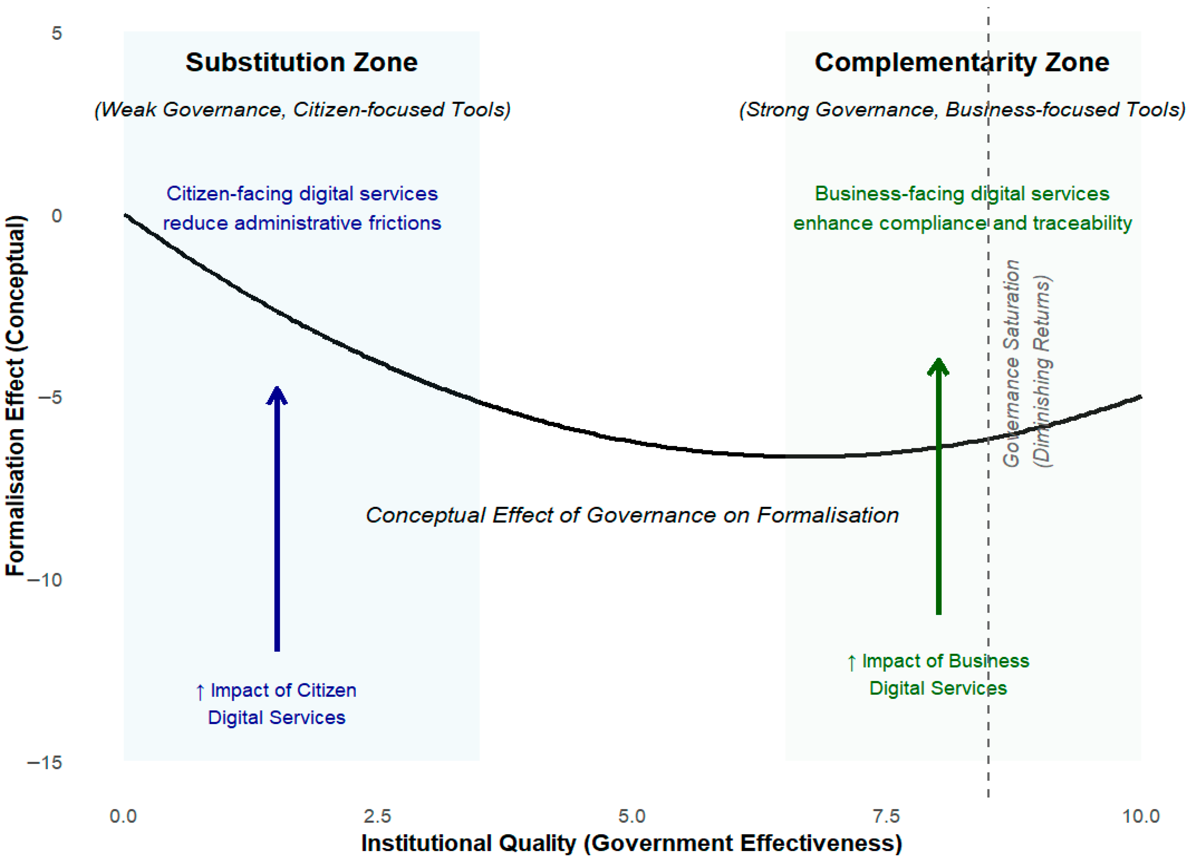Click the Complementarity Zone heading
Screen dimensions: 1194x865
pos(962,63)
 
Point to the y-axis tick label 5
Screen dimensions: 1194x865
pos(56,34)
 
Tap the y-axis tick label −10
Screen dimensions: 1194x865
pos(45,580)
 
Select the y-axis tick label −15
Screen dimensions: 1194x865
pos(45,763)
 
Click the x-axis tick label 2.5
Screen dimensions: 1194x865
pos(377,816)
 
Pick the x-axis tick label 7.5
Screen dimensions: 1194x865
pos(886,816)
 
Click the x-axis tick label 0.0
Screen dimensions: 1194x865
pos(123,816)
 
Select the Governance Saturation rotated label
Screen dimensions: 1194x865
pos(1011,363)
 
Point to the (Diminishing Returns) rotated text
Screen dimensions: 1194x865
pos(1042,371)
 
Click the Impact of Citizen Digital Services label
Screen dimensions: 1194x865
pos(276,704)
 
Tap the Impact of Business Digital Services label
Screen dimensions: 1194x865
pos(938,675)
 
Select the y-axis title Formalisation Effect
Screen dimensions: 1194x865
pos(16,395)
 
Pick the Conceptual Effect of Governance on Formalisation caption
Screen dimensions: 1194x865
pos(632,515)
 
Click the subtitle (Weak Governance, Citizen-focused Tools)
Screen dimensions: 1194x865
pos(302,109)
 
